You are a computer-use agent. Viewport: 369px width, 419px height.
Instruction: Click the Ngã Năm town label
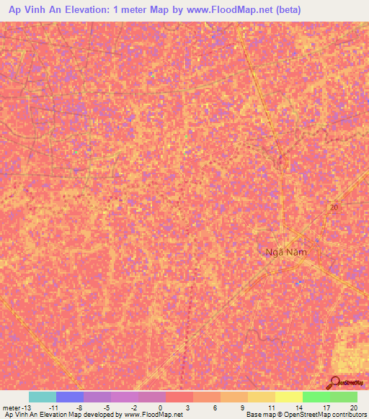tap(279, 252)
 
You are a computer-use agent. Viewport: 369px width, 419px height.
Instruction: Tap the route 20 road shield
tap(333, 207)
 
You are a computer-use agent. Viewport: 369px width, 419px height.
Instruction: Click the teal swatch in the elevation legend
tap(43, 397)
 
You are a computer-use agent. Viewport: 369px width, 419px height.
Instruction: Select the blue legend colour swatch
tap(70, 397)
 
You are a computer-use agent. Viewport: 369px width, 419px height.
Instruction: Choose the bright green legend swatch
tap(316, 397)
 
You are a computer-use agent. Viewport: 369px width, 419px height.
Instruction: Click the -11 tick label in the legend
tap(53, 407)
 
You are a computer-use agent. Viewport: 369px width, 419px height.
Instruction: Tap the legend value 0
tap(160, 407)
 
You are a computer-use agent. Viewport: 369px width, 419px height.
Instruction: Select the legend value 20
tap(353, 407)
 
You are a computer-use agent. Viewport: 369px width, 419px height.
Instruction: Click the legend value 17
tap(326, 407)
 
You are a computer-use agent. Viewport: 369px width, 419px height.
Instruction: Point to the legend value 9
tap(243, 407)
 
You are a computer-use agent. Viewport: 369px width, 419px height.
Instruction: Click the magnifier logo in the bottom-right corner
tap(335, 382)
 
